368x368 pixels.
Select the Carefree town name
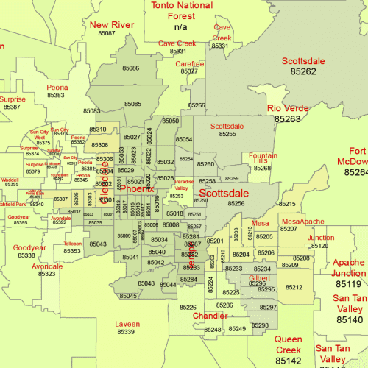[189, 64]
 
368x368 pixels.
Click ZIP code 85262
[303, 71]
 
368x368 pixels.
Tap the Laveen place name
[127, 324]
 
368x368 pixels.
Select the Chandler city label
[210, 316]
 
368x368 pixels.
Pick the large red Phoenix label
[137, 189]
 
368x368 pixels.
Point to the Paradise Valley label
[184, 185]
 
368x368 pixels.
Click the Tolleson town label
[73, 244]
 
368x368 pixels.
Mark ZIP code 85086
[131, 68]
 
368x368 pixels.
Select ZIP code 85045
[127, 296]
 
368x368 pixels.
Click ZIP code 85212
[294, 287]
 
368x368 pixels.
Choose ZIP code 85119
[348, 283]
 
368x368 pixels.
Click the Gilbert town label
[259, 278]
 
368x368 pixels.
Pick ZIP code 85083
[92, 110]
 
